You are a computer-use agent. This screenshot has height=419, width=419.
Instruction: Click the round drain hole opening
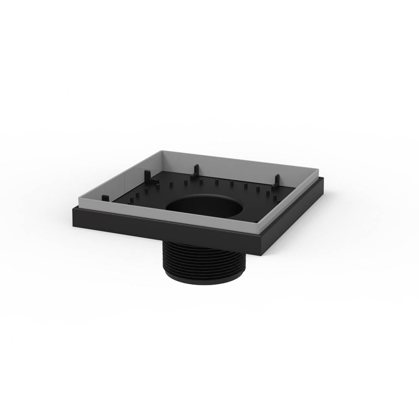coord(205,206)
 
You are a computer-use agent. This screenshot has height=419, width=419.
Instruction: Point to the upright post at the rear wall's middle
coord(195,172)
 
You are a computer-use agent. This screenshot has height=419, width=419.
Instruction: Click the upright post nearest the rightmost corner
coord(277,181)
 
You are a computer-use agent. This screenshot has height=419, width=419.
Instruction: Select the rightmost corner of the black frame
coord(323,179)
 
